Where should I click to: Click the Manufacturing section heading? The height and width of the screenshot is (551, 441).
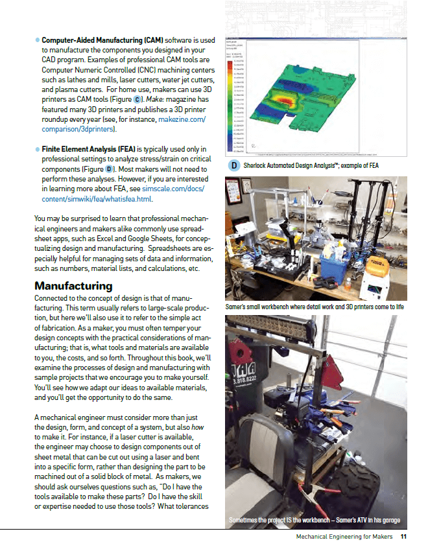[73, 286]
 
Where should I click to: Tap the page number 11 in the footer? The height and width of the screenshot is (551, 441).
[403, 537]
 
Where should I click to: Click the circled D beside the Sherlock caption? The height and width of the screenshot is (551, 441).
[233, 166]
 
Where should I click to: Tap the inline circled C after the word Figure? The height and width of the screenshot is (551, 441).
[136, 99]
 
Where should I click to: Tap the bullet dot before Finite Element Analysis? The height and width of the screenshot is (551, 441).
[37, 149]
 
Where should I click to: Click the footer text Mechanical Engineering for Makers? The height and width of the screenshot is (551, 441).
[344, 537]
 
